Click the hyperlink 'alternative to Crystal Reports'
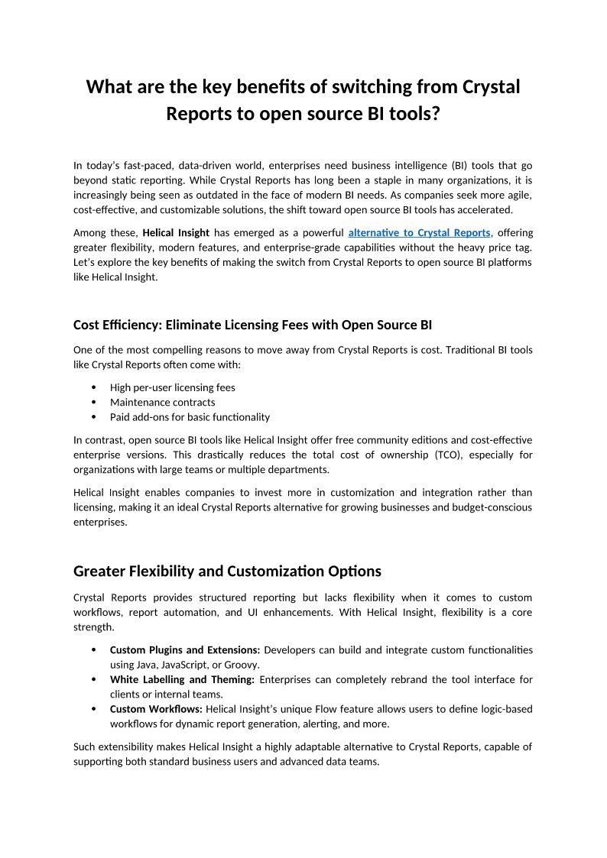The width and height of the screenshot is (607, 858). [x=419, y=232]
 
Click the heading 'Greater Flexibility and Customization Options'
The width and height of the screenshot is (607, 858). [x=227, y=571]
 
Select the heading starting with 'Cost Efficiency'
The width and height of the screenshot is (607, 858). [x=252, y=325]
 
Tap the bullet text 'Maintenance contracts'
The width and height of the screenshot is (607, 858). [x=162, y=402]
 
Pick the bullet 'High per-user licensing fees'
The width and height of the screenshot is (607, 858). [x=172, y=387]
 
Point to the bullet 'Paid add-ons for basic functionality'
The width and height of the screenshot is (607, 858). [x=190, y=417]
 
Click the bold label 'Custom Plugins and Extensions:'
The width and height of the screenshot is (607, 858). [x=185, y=650]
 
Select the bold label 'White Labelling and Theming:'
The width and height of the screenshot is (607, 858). [x=182, y=679]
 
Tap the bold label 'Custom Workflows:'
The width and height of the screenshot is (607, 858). [x=156, y=709]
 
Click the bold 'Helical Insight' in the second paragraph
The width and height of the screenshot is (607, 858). [x=176, y=232]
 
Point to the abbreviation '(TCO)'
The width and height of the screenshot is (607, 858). [x=452, y=455]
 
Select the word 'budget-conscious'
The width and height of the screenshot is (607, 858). [x=491, y=507]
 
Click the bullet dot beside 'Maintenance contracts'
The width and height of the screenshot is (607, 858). [x=93, y=402]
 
